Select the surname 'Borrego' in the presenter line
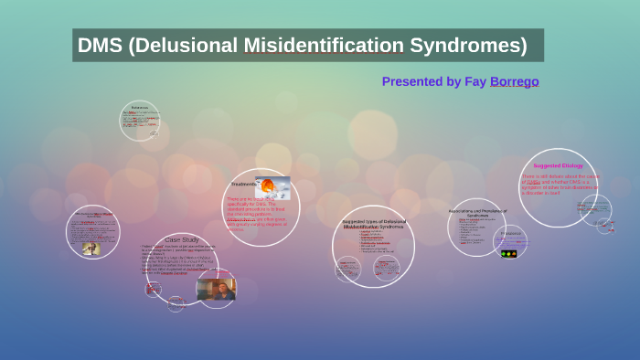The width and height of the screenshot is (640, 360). click(x=514, y=81)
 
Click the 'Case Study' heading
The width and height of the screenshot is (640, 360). click(x=182, y=239)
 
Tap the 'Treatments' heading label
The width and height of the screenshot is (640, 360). click(x=244, y=184)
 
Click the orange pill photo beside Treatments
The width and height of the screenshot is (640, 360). click(x=272, y=186)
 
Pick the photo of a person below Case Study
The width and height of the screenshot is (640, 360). click(x=216, y=290)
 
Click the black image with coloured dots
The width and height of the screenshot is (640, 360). click(x=509, y=253)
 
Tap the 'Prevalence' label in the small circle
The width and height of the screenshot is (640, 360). click(x=511, y=234)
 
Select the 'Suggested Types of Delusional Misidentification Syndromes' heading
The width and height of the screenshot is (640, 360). click(x=374, y=225)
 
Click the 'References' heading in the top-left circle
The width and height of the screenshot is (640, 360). click(x=139, y=108)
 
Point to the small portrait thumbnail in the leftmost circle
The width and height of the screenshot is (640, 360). click(x=91, y=248)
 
